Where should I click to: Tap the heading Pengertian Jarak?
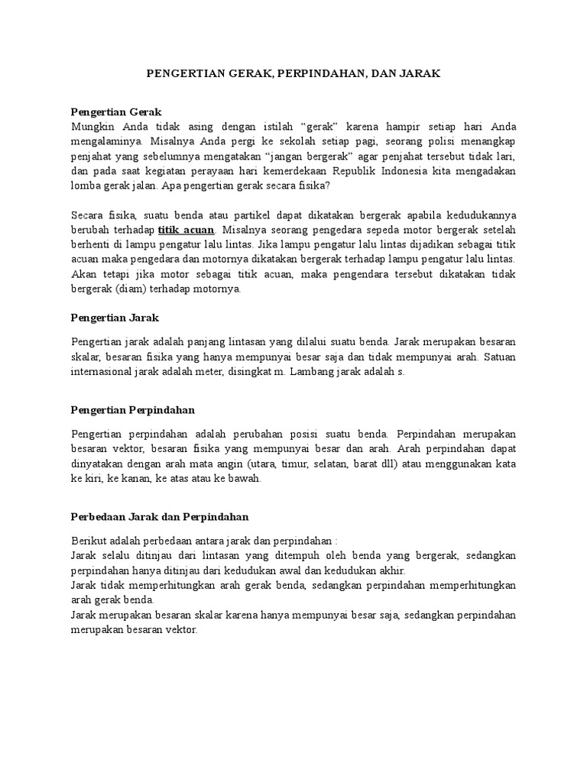114,316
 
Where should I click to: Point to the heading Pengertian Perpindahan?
133,410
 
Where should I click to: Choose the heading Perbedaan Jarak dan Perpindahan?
160,517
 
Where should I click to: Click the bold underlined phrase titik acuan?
186,230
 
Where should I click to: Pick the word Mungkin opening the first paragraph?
92,126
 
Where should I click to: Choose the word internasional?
107,372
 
